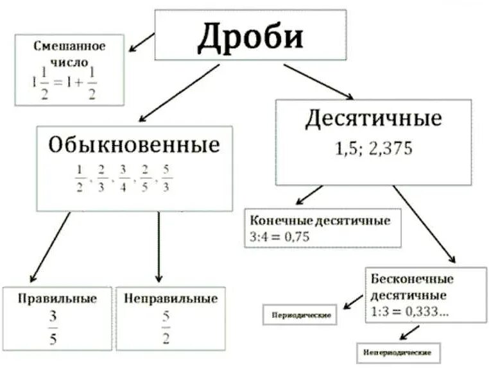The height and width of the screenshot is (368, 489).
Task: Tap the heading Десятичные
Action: [373, 119]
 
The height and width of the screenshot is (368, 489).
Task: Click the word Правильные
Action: [57, 299]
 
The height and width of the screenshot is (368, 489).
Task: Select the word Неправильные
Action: [171, 299]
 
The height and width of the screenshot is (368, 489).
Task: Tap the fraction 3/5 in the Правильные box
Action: [53, 328]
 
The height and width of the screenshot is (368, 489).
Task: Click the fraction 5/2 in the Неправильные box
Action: [166, 328]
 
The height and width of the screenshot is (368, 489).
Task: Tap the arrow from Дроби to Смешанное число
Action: [142, 43]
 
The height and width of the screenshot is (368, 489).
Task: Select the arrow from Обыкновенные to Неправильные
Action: [159, 247]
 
